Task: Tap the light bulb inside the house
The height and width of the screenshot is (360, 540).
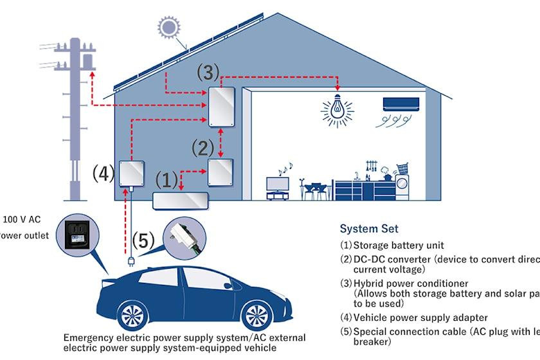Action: [x=335, y=110]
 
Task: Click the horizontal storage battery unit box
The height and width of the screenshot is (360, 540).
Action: [x=180, y=199]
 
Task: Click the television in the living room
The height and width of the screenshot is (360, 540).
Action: [x=277, y=183]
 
